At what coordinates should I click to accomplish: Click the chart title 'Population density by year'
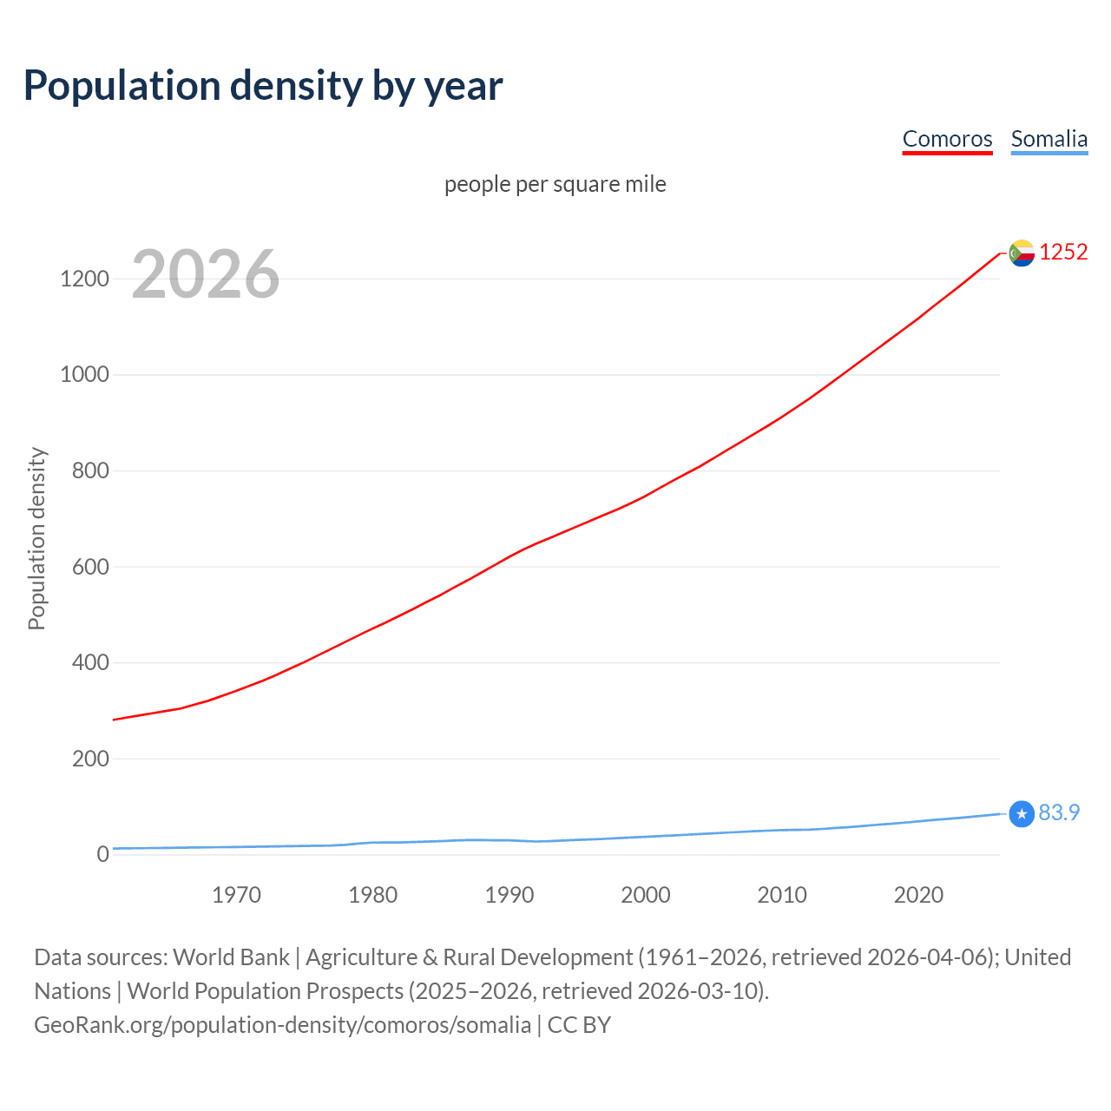pos(263,86)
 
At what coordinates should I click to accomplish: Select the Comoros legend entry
pos(947,139)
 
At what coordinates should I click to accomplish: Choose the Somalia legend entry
pos(1049,139)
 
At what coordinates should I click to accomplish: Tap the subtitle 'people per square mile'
pos(555,184)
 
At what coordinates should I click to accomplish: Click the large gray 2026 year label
pos(206,274)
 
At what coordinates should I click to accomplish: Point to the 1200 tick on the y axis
pos(84,279)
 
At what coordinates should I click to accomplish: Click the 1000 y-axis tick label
pos(84,375)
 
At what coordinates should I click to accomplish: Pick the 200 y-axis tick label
pos(90,759)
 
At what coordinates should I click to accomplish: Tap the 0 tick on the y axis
pos(103,854)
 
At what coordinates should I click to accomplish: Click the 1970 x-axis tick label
pos(236,895)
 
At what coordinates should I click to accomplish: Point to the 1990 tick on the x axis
pos(509,895)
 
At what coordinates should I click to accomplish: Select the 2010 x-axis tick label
pos(782,895)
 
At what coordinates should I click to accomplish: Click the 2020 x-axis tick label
pos(918,895)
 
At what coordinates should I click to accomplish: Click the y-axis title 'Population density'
pos(36,538)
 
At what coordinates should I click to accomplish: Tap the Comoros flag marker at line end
pos(1022,253)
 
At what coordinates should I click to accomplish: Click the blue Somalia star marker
pos(1022,813)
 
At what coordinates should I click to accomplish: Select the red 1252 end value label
pos(1063,252)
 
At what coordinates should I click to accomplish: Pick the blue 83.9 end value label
pos(1059,812)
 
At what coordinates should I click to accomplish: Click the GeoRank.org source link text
pos(282,1025)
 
